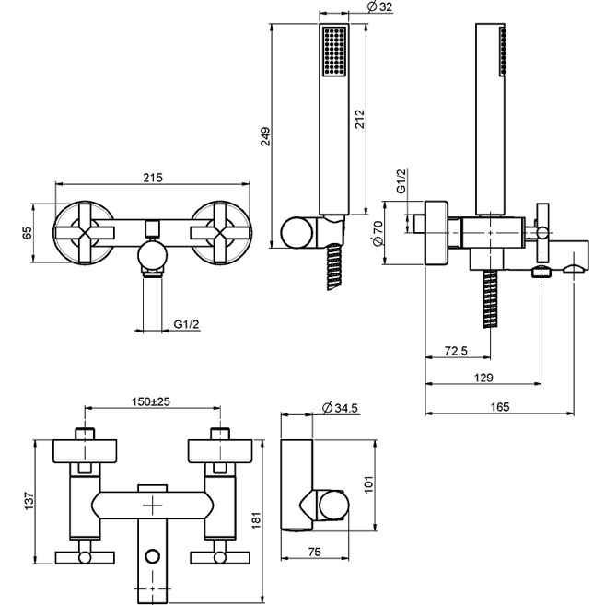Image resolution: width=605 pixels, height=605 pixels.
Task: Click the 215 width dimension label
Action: (x=153, y=178)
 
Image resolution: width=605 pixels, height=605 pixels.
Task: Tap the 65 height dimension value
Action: (x=28, y=233)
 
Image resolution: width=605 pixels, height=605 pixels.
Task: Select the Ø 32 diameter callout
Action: (x=379, y=6)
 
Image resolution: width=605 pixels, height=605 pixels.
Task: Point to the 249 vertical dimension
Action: (x=266, y=136)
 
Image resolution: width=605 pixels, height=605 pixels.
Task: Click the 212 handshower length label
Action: (x=360, y=119)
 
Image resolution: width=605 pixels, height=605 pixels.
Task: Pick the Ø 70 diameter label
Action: (x=378, y=233)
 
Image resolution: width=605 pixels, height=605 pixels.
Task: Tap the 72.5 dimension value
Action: (x=456, y=351)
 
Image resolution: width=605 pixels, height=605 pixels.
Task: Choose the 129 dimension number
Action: (x=483, y=378)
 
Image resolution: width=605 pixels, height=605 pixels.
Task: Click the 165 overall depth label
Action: (x=500, y=407)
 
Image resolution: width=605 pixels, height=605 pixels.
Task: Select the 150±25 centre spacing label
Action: (x=151, y=401)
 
